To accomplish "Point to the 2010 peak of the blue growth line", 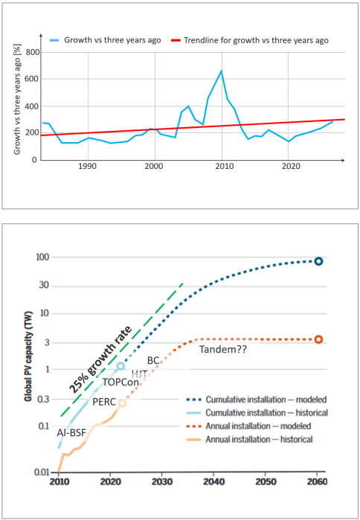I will point(221,71).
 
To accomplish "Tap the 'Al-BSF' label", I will point(74,431).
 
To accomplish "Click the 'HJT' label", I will point(140,373).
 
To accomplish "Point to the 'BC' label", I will point(153,360).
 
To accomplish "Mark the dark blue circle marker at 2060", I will point(318,261).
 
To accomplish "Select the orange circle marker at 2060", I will point(318,339).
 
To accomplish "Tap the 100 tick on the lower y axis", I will point(41,257).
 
